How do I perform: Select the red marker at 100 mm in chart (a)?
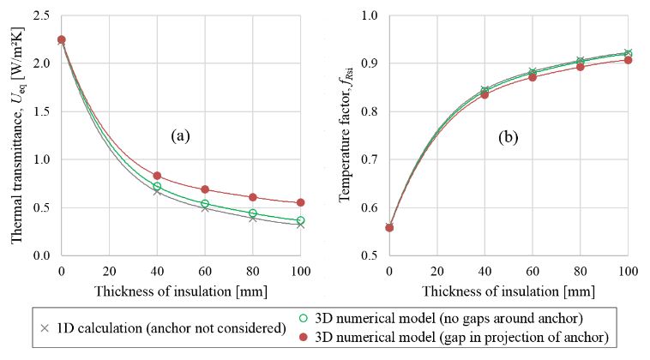[300, 202]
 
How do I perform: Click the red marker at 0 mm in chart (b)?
[389, 227]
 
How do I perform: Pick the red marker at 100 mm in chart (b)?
[629, 60]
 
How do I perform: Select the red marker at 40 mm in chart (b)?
[485, 94]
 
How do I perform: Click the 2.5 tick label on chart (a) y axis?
[41, 15]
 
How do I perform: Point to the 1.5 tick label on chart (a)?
[41, 111]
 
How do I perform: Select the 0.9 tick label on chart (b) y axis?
[370, 63]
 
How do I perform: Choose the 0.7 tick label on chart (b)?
[370, 159]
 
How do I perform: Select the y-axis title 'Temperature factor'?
[346, 135]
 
